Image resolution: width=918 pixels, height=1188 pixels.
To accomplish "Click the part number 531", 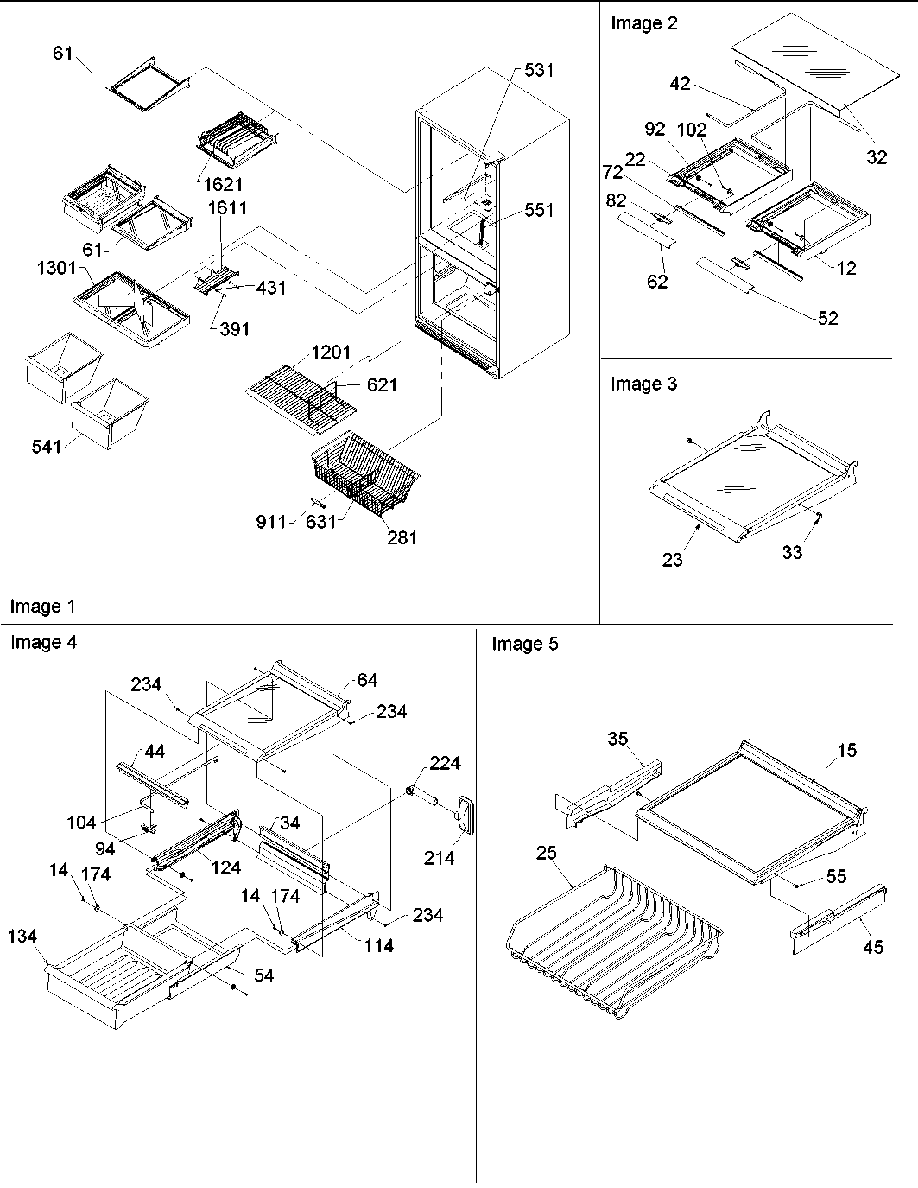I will coord(539,70).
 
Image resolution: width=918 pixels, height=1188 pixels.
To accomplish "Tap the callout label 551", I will coord(539,210).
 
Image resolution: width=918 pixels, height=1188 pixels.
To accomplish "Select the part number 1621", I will coord(225,184).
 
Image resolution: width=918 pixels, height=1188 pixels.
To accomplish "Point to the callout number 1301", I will coord(56,268).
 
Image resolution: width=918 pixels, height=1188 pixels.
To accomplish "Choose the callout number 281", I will coord(402,537).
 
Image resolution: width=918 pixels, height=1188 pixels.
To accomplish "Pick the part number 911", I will coord(271,521).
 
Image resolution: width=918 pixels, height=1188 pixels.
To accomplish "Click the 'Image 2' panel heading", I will coord(644,23).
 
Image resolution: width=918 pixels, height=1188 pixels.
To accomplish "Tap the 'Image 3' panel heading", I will coord(644,384).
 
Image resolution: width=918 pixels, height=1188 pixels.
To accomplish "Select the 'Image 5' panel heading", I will coord(525,644).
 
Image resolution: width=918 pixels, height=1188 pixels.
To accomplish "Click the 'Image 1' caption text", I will coord(42,607).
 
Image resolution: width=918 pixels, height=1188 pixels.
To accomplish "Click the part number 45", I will coord(873,947).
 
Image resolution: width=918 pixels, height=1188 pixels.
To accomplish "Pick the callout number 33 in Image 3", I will coord(792,552).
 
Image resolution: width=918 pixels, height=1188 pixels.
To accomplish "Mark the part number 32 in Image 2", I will coord(876,158).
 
